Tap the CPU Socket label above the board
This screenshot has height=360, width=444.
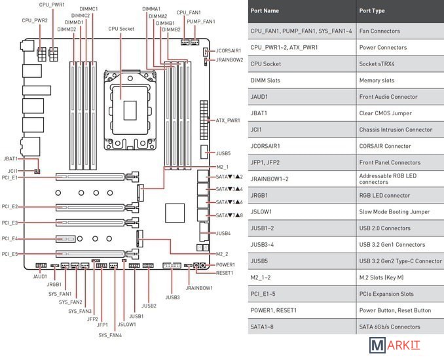click(122, 29)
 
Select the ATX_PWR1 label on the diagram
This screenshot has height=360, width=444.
click(227, 120)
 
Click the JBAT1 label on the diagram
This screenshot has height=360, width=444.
click(11, 158)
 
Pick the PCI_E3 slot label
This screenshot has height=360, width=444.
click(10, 223)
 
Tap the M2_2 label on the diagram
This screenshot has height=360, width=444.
click(222, 253)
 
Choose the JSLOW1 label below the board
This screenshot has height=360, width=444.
click(126, 324)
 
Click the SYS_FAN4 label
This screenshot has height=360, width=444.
click(110, 335)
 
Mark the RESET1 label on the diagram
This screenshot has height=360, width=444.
click(225, 272)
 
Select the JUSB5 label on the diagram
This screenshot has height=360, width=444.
click(223, 153)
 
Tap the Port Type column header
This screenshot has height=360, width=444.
click(372, 11)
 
